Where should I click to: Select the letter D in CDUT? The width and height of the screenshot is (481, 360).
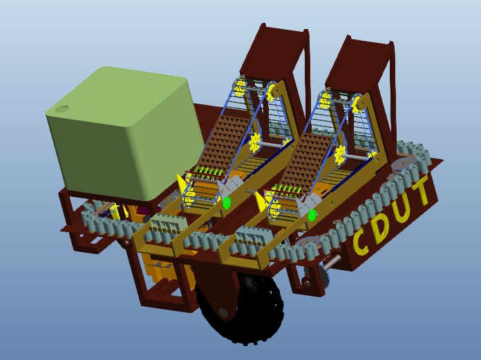(382, 223)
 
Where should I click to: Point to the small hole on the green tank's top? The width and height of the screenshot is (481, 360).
(62, 108)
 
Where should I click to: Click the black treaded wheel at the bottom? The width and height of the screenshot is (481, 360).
(242, 307)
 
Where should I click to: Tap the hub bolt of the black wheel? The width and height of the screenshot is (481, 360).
(223, 313)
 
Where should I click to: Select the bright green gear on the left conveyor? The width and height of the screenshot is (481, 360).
(226, 203)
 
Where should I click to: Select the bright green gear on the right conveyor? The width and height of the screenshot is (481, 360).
(312, 215)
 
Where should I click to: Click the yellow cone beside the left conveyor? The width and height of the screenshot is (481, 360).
(182, 184)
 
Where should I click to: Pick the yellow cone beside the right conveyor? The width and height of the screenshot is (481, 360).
(261, 201)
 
